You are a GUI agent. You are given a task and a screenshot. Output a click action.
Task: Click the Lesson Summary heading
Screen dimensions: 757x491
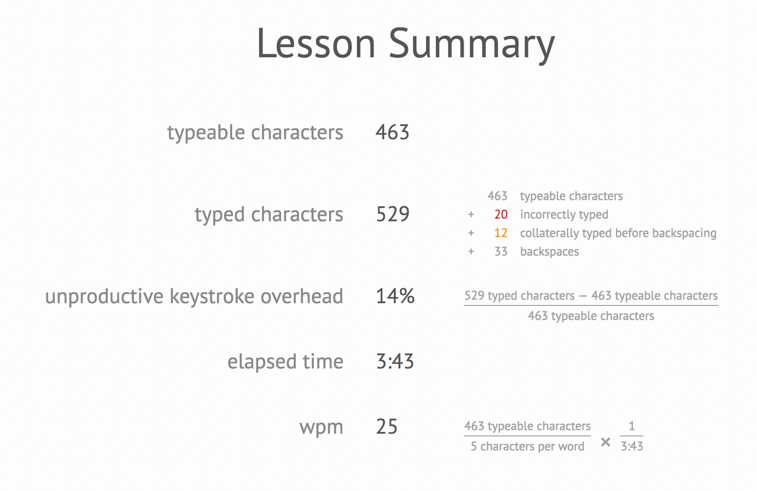405,44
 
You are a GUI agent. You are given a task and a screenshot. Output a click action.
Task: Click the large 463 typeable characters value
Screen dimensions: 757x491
393,132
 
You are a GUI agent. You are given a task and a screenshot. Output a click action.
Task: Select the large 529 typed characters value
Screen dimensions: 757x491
393,214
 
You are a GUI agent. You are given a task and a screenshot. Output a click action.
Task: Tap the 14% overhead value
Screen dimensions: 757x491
395,296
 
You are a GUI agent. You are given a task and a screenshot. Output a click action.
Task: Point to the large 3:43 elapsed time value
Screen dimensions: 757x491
395,361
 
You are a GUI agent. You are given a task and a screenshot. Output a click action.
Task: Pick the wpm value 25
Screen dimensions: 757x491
387,427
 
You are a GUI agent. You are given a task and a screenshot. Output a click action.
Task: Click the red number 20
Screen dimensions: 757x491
501,215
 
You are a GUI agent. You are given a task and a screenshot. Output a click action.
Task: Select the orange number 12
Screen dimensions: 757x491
501,233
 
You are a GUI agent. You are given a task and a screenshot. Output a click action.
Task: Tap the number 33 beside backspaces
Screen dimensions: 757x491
501,252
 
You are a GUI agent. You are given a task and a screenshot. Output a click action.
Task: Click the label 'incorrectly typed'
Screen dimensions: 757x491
564,215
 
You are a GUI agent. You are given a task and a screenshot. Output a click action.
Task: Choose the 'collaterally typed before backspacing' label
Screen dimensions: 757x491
618,233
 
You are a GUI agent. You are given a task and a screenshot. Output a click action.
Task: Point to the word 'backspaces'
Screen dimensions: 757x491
550,252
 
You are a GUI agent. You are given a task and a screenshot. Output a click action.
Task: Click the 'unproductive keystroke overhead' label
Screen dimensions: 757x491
194,296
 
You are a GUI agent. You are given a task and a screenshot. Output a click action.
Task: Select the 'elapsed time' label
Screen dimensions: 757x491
285,362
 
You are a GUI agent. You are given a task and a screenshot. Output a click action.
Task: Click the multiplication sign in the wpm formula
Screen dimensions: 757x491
606,442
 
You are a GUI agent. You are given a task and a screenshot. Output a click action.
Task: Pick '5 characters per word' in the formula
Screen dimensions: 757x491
528,446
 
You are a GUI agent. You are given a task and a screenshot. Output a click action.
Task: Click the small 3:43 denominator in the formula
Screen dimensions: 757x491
632,446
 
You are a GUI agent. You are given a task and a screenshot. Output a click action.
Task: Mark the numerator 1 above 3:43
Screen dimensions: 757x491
632,426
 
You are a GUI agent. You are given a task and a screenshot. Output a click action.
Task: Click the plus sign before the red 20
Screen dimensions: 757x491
471,215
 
